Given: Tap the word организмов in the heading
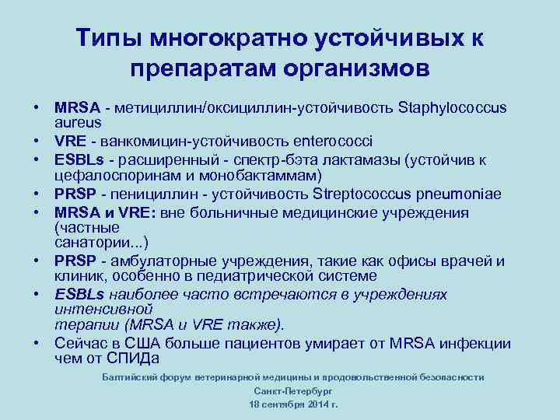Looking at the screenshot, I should point(356,69).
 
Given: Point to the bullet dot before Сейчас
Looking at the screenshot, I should point(37,343).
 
